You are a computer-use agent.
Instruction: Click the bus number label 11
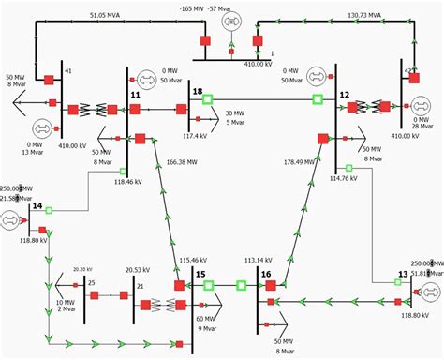[135, 95]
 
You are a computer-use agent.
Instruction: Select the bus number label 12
[344, 95]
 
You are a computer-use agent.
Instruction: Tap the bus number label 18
[197, 91]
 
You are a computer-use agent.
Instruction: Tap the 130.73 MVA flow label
[363, 16]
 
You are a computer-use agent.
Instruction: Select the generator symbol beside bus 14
[11, 221]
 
